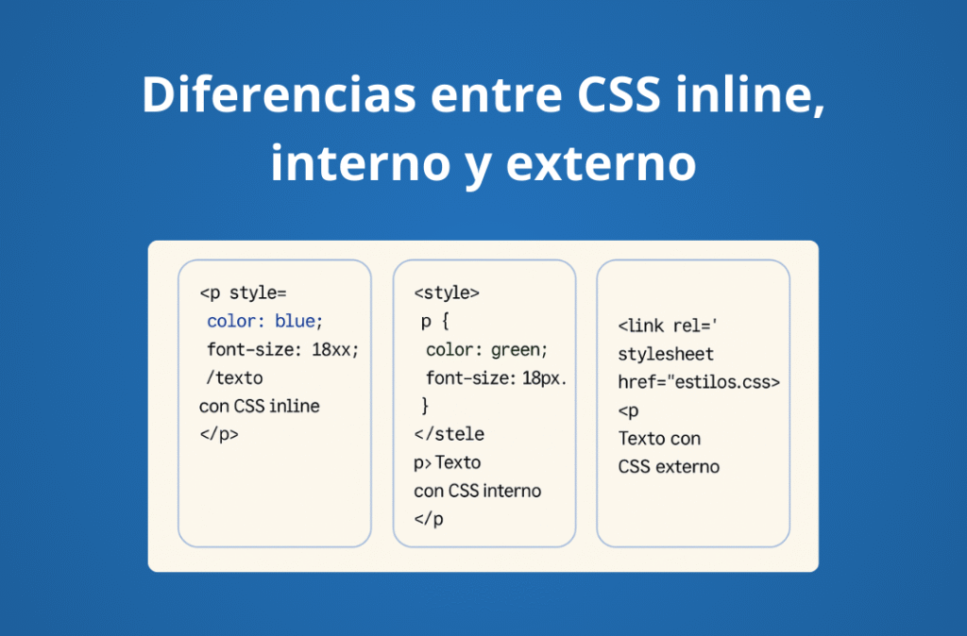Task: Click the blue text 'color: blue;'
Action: [x=265, y=321]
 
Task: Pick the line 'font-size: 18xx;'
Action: [x=283, y=349]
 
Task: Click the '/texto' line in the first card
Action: [x=235, y=377]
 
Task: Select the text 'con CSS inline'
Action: [x=260, y=407]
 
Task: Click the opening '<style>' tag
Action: [x=447, y=293]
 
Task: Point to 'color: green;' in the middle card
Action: [x=486, y=349]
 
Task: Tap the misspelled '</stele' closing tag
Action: [x=449, y=434]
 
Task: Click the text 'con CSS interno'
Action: [x=478, y=491]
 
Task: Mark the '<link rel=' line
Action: [x=670, y=326]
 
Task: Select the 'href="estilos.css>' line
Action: [x=699, y=382]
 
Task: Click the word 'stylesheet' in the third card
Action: [x=666, y=354]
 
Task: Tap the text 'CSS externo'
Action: [x=669, y=466]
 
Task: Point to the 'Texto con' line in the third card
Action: [x=659, y=439]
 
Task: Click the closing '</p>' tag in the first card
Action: [x=219, y=435]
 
